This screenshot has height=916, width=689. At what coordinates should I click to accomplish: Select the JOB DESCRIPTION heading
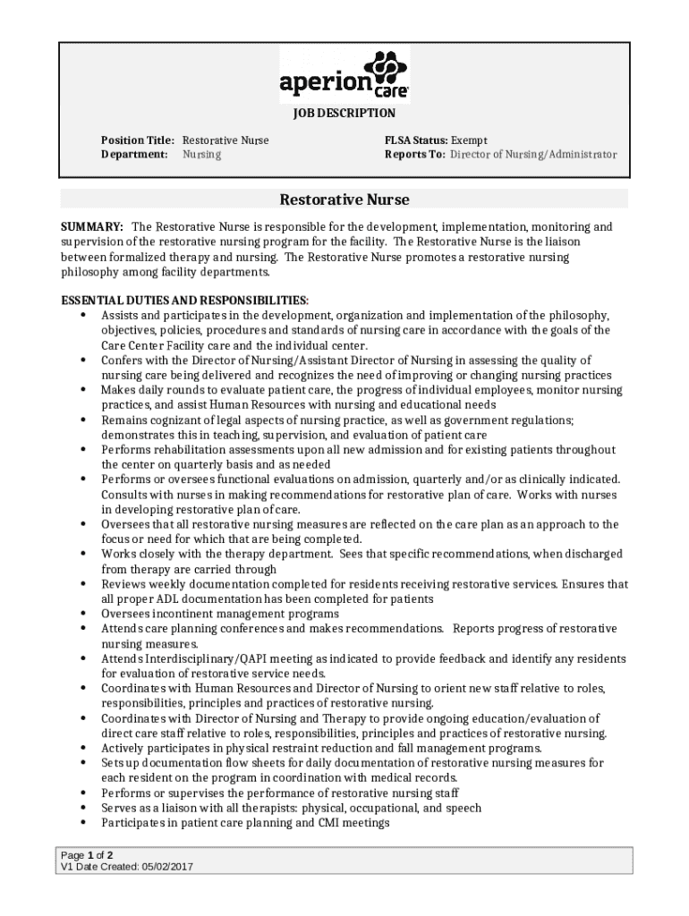pyautogui.click(x=344, y=114)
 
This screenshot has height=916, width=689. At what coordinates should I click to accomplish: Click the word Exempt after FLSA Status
pyautogui.click(x=470, y=140)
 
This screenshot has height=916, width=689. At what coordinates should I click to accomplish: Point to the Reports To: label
pyautogui.click(x=415, y=155)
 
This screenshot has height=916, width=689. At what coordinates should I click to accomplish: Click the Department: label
pyautogui.click(x=134, y=155)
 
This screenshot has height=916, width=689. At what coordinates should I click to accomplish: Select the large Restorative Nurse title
pyautogui.click(x=344, y=199)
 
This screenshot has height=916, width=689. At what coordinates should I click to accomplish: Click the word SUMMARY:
pyautogui.click(x=91, y=227)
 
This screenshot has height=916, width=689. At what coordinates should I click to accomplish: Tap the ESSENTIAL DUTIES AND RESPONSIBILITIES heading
pyautogui.click(x=184, y=300)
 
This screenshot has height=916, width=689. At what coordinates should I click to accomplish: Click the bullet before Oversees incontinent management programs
pyautogui.click(x=83, y=614)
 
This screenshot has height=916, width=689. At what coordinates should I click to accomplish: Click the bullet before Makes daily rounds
pyautogui.click(x=83, y=390)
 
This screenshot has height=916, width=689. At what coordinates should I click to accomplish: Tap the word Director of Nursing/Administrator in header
pyautogui.click(x=533, y=155)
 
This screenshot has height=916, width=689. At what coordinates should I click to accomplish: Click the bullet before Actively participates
pyautogui.click(x=83, y=748)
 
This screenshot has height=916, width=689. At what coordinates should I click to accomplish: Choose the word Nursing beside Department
pyautogui.click(x=202, y=155)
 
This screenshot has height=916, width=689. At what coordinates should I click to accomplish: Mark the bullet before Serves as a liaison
pyautogui.click(x=83, y=808)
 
